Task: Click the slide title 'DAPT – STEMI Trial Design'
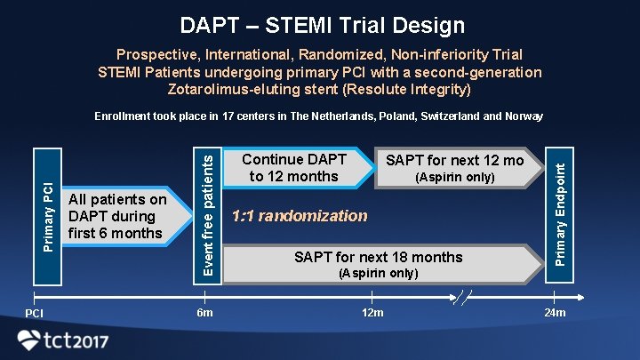(322, 26)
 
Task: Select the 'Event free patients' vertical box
(207, 214)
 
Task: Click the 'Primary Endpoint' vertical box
(559, 214)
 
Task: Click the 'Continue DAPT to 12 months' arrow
(293, 168)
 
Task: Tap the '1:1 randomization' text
(299, 215)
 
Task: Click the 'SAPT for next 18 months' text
(378, 257)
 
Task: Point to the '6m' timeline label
(204, 313)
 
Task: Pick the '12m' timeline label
(372, 313)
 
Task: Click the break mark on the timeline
(462, 297)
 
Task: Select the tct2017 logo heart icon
(29, 340)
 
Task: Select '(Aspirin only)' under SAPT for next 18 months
(378, 273)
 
